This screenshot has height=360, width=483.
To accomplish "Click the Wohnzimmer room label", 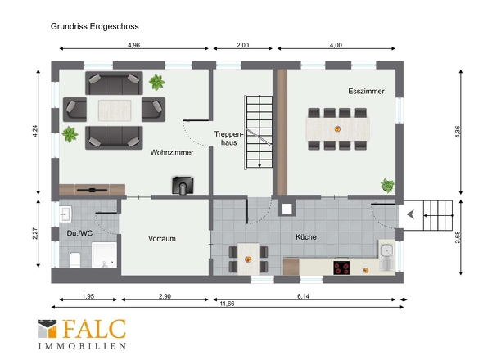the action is point(172,152).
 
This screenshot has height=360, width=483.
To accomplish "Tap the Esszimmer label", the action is point(366,91).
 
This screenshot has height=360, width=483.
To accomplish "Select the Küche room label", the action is point(306,236).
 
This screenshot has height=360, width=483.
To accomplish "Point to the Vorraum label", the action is point(162,239).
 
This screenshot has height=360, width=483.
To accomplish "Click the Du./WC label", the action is point(79,233).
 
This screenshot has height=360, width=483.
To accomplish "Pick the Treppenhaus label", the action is point(228,138).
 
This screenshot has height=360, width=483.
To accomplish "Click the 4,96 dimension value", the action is point(133,45).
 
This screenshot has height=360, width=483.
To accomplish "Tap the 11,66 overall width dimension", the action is point(227,304).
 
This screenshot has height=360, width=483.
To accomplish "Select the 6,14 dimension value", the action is point(303,296).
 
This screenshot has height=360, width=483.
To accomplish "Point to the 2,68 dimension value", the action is point(457,236).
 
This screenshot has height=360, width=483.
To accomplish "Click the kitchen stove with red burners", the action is point(341,268).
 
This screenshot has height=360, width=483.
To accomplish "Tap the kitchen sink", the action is point(387,255).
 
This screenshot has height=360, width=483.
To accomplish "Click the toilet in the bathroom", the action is point(75,259).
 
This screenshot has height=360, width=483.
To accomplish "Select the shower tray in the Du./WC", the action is point(104,254).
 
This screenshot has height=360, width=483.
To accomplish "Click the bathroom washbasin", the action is point(65,214).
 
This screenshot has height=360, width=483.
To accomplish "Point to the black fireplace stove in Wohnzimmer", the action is point(183,185).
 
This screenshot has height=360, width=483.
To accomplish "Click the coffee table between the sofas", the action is point(115,110).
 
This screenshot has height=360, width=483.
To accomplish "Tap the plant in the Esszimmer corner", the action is point(388,186).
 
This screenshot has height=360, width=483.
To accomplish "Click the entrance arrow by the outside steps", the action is point(410,214).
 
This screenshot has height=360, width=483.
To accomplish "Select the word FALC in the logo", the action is point(94,329).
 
